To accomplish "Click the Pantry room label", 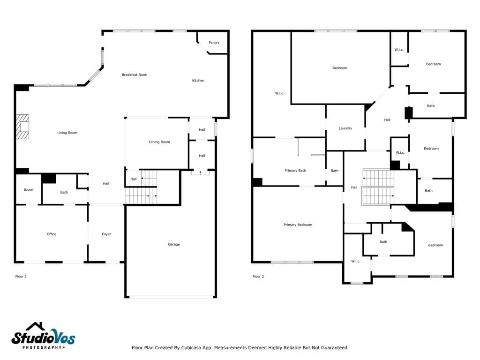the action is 214,43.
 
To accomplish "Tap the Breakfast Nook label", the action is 134,75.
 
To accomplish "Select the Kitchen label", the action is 198,81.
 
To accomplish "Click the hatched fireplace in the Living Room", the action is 22,127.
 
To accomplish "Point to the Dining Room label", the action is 159,142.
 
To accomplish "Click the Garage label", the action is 173,244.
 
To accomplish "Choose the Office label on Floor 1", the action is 52,234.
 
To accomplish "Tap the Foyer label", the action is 106,234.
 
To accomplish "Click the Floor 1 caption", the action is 21,277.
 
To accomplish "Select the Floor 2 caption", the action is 258,277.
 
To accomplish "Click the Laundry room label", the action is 345,128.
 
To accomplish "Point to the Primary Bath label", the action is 295,171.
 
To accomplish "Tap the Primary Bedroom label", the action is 298,225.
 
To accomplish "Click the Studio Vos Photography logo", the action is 43,336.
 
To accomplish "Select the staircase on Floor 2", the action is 378,187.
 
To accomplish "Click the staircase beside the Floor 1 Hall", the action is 142,187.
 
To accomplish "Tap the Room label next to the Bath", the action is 29,190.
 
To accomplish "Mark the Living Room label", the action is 67,133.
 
